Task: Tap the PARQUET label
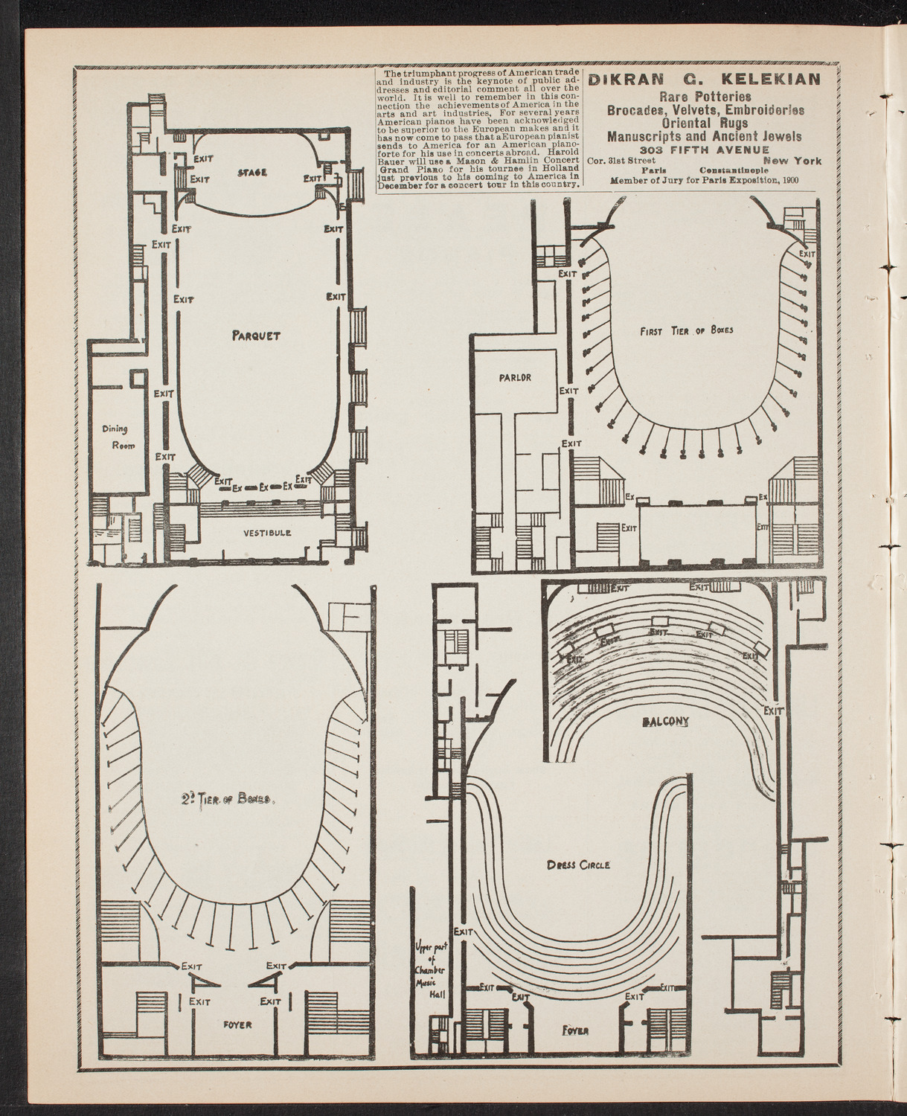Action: point(255,336)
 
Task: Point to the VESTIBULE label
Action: point(266,533)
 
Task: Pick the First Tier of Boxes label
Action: point(686,330)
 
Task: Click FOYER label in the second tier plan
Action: point(237,1024)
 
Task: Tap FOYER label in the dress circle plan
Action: point(576,1030)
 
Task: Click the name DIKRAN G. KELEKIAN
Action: point(704,80)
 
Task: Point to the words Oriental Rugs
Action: point(704,123)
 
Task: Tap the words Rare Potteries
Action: point(704,96)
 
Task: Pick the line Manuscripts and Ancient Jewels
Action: point(704,136)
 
